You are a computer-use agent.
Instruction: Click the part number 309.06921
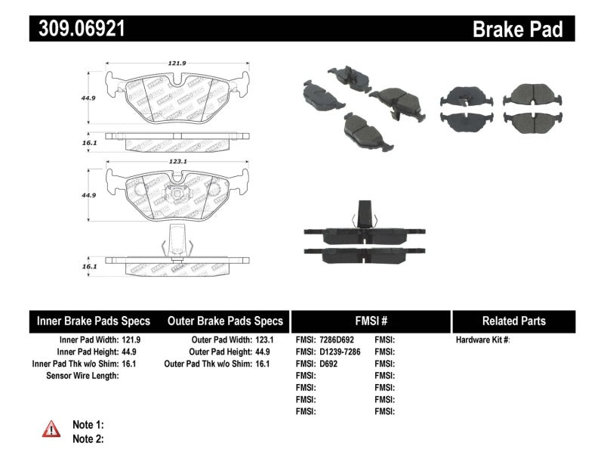[78, 29]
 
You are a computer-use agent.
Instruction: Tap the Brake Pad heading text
[518, 29]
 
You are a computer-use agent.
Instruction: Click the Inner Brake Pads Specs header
[94, 321]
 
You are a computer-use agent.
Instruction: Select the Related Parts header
[513, 321]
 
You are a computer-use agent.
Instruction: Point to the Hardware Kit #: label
[483, 339]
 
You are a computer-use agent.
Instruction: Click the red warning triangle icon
[51, 429]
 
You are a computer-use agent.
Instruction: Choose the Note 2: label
[88, 439]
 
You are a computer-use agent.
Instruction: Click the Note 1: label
[88, 425]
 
